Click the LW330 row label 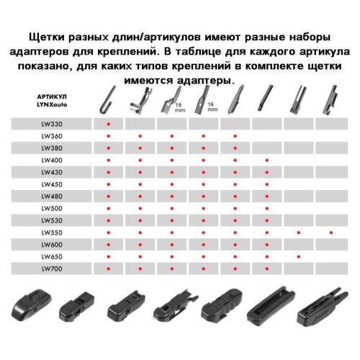coord(52,124)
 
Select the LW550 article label coord(52,233)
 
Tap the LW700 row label coord(52,269)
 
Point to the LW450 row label coord(52,184)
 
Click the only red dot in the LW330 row coord(109,124)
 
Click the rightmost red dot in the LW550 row coord(331,233)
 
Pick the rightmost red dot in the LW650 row coord(299,257)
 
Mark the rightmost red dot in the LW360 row coord(235,136)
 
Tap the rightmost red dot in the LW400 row coord(267,160)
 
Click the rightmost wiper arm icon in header coord(330,101)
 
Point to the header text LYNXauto coord(52,104)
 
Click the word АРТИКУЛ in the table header coord(52,96)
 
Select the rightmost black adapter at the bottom coord(322,307)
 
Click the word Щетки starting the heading coord(47,37)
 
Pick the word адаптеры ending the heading coord(205,81)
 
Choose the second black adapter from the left coord(77,306)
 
